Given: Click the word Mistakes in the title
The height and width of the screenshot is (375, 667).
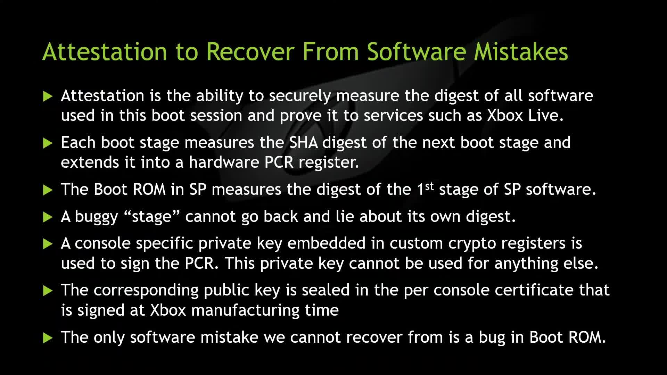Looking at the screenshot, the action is pyautogui.click(x=521, y=51).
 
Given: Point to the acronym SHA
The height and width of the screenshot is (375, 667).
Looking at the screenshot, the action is pyautogui.click(x=303, y=143).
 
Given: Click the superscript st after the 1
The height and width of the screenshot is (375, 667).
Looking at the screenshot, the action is pyautogui.click(x=430, y=186).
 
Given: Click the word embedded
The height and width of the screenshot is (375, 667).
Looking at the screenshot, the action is pyautogui.click(x=326, y=243).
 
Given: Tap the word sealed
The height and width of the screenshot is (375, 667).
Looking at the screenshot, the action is pyautogui.click(x=326, y=290).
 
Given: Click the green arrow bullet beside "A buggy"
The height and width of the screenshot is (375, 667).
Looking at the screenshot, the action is pyautogui.click(x=48, y=217).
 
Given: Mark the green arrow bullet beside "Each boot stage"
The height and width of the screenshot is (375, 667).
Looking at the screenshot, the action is pyautogui.click(x=48, y=143).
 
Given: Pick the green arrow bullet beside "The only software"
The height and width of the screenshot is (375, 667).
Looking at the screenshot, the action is pyautogui.click(x=48, y=338).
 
